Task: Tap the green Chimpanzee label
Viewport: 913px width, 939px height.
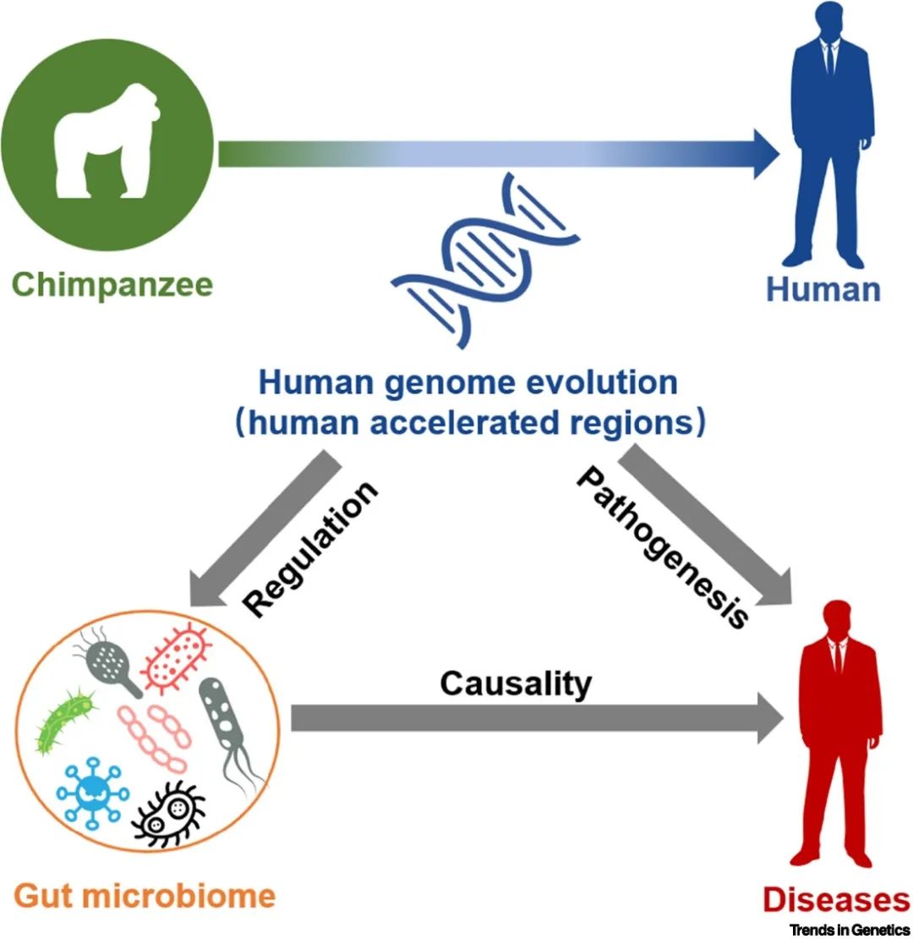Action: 112,284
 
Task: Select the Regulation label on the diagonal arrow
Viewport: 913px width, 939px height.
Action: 309,550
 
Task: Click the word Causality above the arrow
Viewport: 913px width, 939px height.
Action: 516,683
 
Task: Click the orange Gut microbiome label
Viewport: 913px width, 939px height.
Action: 144,896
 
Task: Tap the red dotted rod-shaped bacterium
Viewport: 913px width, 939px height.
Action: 176,655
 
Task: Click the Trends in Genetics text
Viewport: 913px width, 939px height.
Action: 850,930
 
